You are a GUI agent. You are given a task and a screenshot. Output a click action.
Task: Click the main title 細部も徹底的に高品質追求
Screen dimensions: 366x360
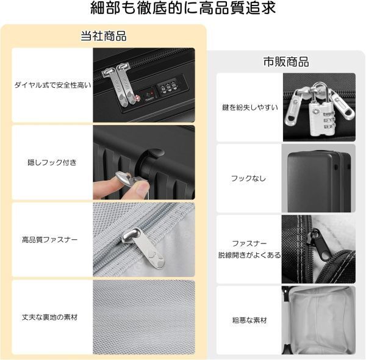(x=183, y=8)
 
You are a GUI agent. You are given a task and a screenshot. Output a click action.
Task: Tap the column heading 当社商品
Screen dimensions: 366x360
(x=104, y=36)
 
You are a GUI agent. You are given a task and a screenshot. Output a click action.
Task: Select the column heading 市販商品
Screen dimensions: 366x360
(x=286, y=62)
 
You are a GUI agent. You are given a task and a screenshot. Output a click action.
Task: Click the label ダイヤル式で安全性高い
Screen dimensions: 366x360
(x=52, y=85)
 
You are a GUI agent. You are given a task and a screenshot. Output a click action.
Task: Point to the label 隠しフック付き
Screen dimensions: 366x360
(x=52, y=162)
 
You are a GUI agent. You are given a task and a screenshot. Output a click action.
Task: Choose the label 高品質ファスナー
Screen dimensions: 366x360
(x=50, y=240)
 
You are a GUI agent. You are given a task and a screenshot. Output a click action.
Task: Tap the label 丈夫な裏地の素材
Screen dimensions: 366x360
(x=50, y=317)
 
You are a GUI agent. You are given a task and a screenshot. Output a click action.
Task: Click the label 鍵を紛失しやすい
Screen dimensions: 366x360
(x=250, y=107)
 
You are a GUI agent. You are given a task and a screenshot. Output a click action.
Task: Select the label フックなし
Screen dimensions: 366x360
(x=248, y=179)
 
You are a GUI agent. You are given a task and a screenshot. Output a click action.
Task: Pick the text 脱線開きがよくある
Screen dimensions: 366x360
(x=249, y=255)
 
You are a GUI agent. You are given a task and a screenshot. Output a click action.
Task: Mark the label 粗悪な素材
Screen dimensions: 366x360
(x=249, y=320)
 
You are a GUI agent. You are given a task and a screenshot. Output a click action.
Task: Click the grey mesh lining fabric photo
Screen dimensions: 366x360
(x=144, y=317)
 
